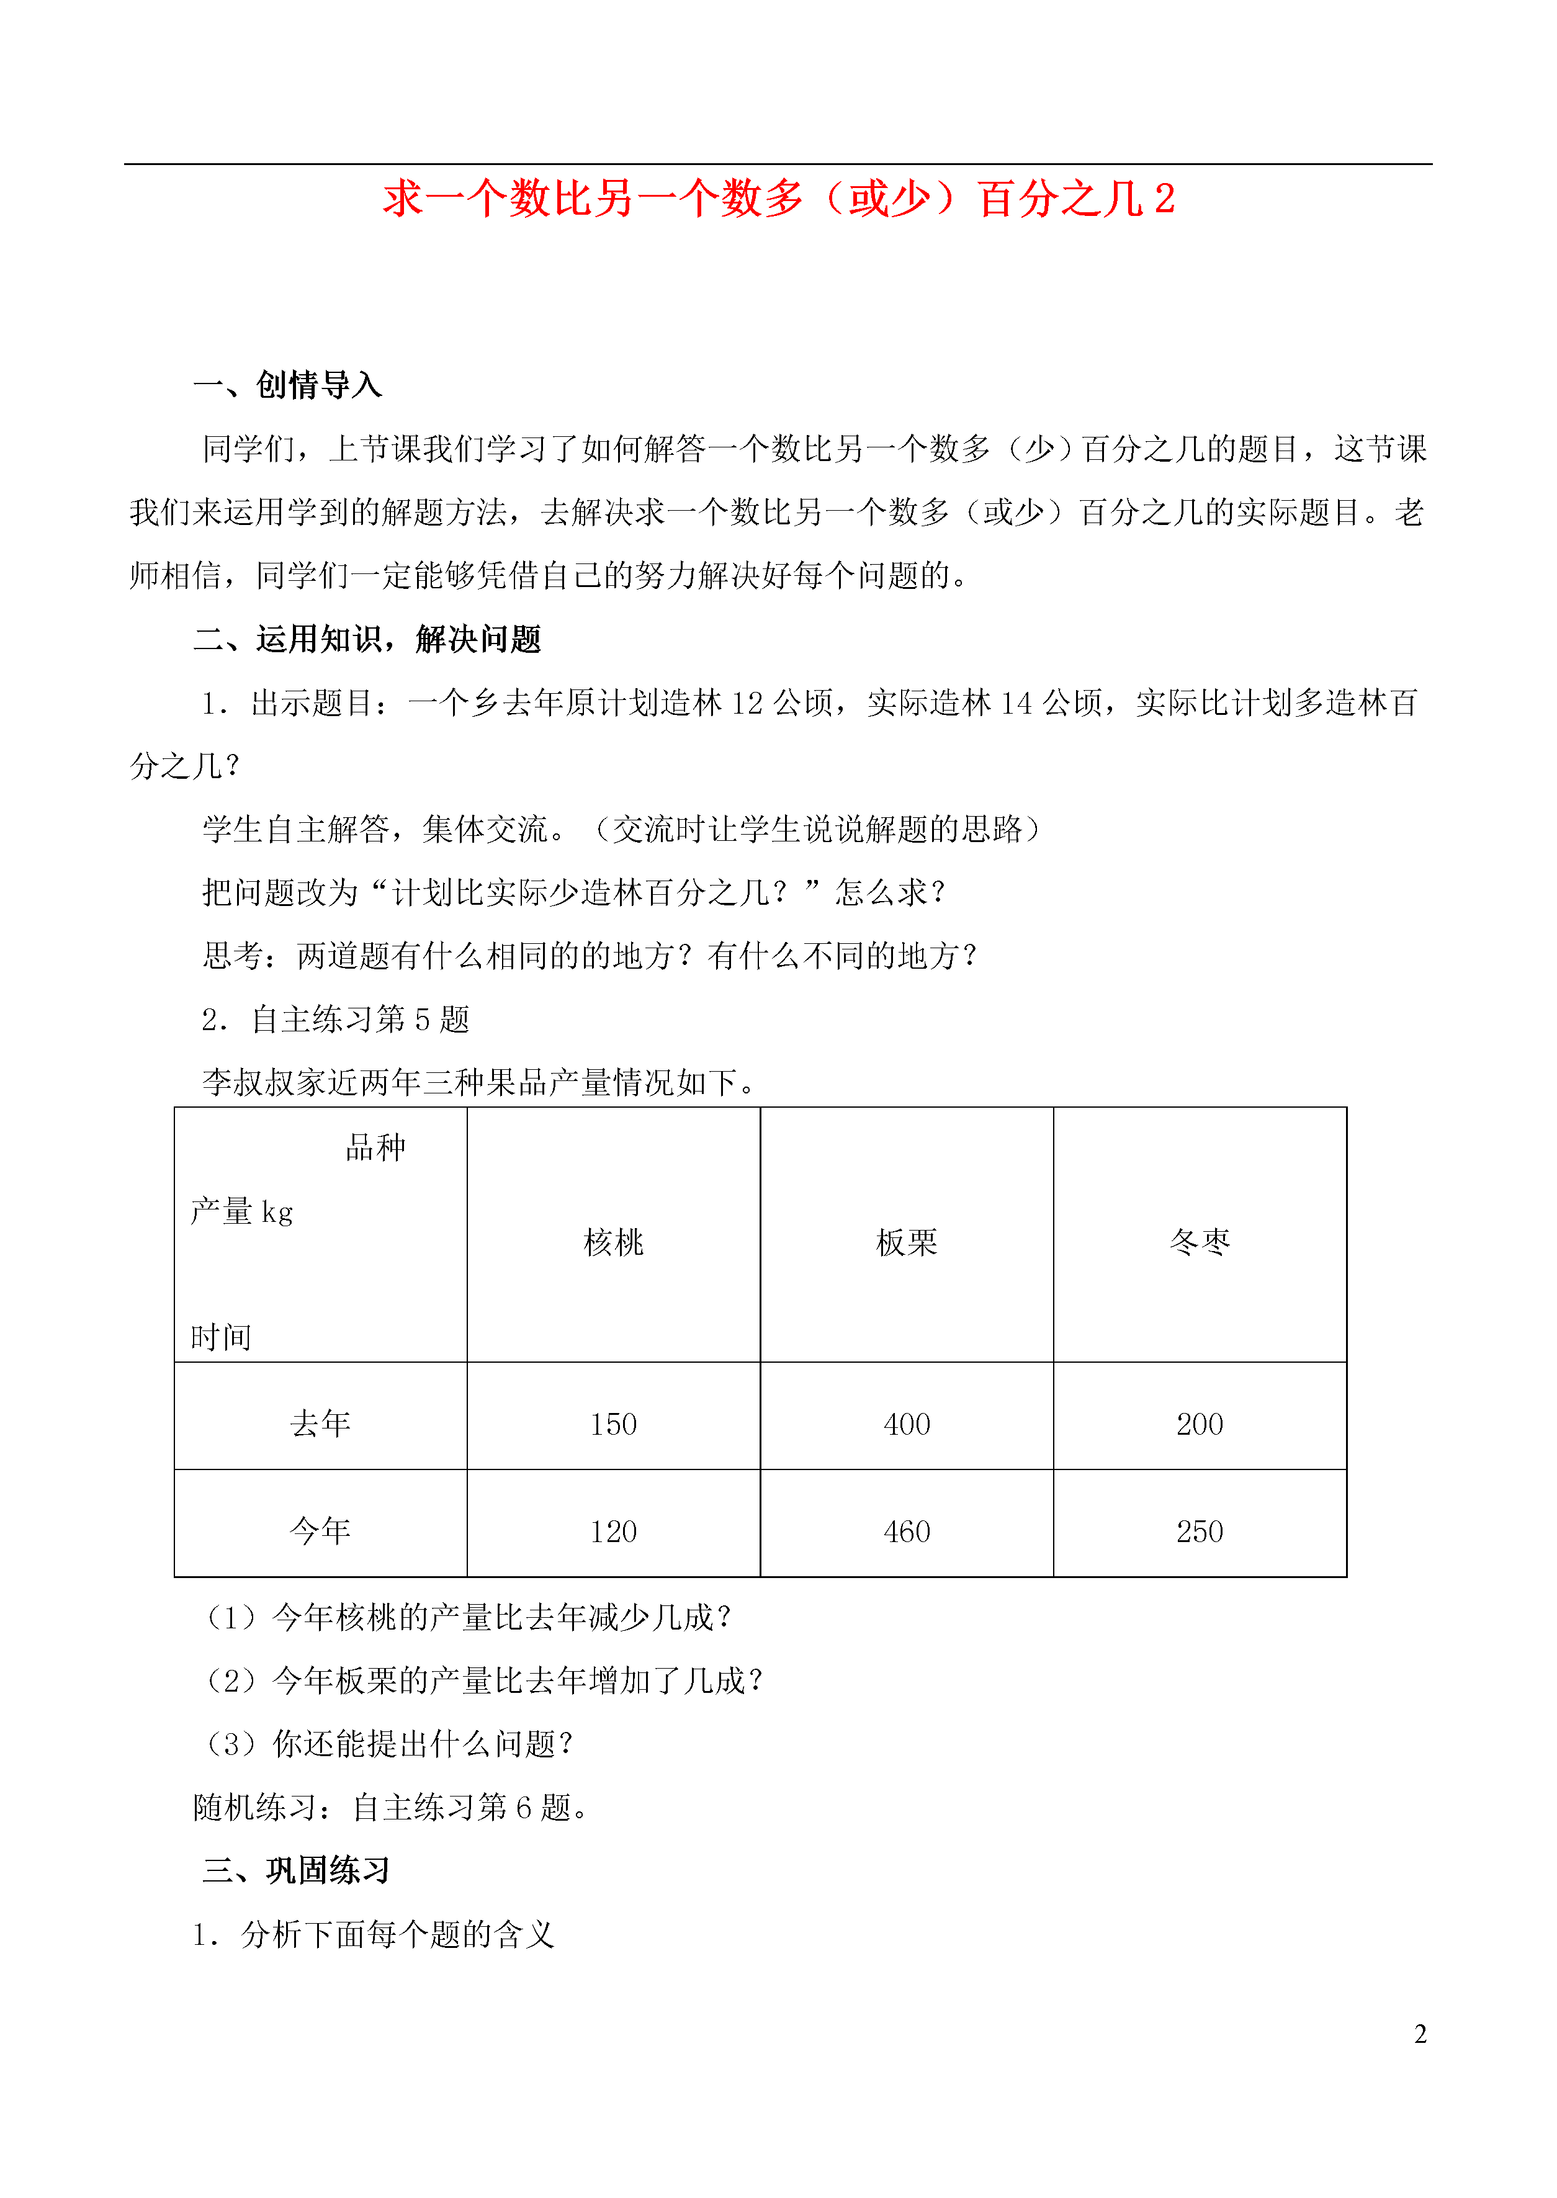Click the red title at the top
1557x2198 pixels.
point(778,199)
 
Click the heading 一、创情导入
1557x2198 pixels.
point(287,385)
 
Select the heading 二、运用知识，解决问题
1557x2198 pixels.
point(367,639)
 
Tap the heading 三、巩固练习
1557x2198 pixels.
point(296,1870)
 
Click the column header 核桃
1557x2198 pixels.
point(614,1242)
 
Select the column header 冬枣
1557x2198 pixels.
point(1200,1242)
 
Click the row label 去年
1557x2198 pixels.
point(320,1424)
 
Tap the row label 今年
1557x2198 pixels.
point(320,1531)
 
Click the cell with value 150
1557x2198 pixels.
point(614,1424)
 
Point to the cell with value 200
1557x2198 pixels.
point(1200,1424)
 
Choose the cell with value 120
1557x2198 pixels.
point(614,1532)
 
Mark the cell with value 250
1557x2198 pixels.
point(1200,1532)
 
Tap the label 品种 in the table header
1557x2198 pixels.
point(376,1147)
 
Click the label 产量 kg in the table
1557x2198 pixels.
point(241,1212)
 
